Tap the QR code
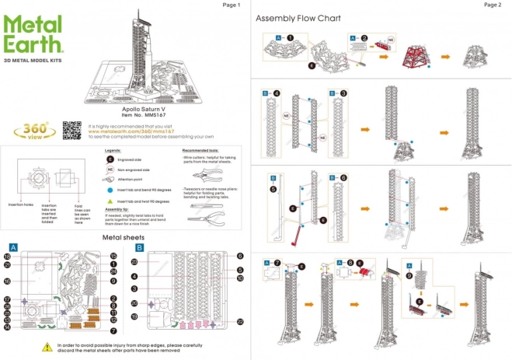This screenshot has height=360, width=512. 71,129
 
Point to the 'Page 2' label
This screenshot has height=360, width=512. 492,5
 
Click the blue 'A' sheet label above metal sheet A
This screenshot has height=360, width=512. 13,248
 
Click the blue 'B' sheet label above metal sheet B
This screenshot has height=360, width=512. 140,248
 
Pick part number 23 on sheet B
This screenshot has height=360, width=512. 134,262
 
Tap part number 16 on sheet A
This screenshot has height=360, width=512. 7,281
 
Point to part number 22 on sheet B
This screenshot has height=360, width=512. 241,321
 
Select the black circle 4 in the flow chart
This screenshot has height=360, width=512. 277,94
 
